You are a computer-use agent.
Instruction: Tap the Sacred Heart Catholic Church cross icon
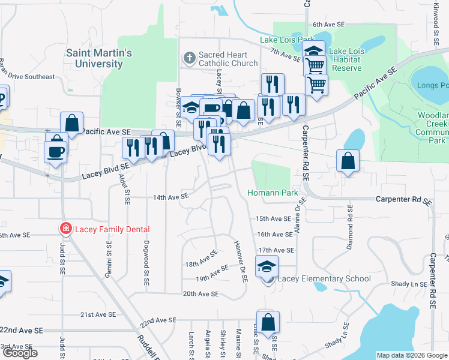tap(189, 58)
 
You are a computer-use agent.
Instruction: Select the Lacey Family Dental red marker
tap(64, 229)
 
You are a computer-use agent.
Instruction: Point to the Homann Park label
tap(273, 193)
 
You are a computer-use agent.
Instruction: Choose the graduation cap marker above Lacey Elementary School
tap(267, 266)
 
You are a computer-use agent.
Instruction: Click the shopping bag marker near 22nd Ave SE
tap(268, 322)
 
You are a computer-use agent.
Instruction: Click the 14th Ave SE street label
tap(171, 196)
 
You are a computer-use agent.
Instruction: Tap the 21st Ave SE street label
tap(98, 314)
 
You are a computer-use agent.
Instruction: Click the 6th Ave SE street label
tap(328, 25)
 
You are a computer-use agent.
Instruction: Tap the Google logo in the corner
tap(20, 353)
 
